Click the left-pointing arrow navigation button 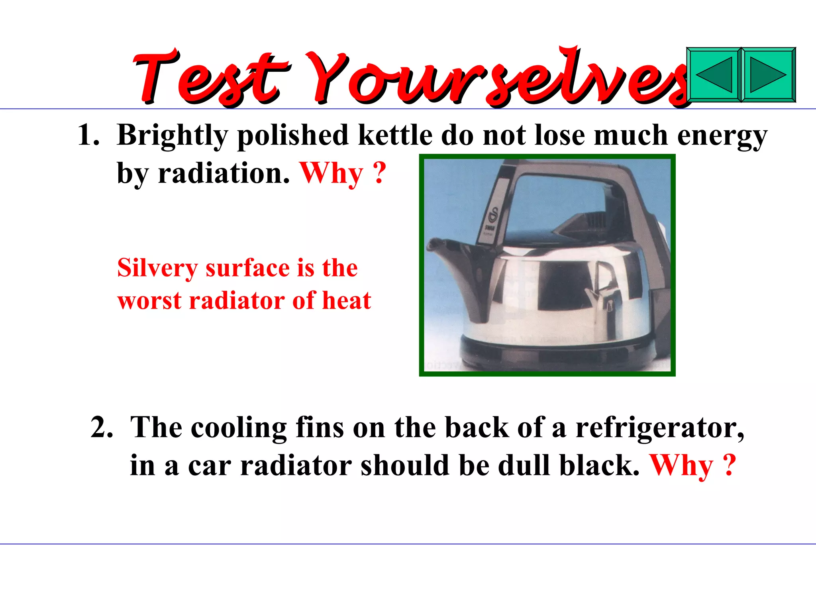(x=714, y=75)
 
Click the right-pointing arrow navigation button (x=768, y=75)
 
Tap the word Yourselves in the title (x=498, y=78)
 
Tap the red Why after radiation (x=331, y=174)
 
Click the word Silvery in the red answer (x=157, y=268)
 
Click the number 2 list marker (x=101, y=428)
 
